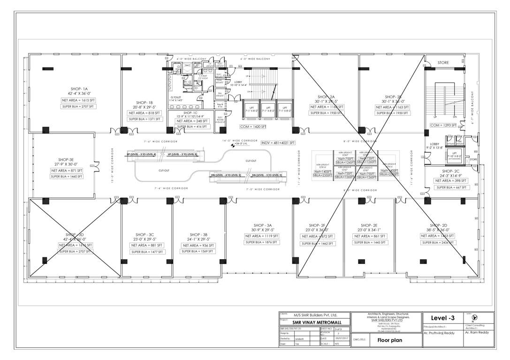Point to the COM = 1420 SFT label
coord(253,127)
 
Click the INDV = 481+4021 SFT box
coord(278,142)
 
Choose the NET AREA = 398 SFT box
coord(450,180)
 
